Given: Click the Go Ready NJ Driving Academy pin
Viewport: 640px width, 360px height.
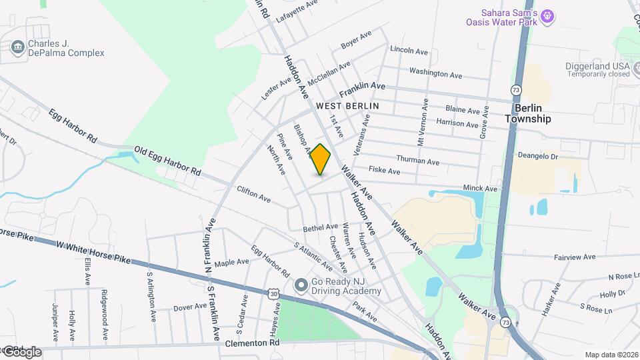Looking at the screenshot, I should [x=301, y=285].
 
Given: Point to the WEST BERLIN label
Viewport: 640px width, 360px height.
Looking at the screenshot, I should [x=347, y=106].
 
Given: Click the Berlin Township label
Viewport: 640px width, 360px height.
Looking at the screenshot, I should [x=527, y=113].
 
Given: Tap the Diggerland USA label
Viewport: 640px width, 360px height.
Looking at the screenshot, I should [x=599, y=67].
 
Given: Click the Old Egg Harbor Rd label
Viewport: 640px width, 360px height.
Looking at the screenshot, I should [x=167, y=161].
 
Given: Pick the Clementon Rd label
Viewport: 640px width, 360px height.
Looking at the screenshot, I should [x=251, y=343].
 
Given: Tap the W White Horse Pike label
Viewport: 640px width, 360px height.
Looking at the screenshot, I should [x=93, y=253].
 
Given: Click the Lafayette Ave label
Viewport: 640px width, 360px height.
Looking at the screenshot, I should [x=295, y=11].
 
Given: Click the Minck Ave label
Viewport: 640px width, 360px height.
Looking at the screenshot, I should [x=481, y=189].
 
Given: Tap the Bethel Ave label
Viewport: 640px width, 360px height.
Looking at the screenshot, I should [x=320, y=227].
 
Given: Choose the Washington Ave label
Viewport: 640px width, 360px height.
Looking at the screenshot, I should [x=435, y=72].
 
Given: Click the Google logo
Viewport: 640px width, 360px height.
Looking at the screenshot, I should [x=21, y=351].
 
